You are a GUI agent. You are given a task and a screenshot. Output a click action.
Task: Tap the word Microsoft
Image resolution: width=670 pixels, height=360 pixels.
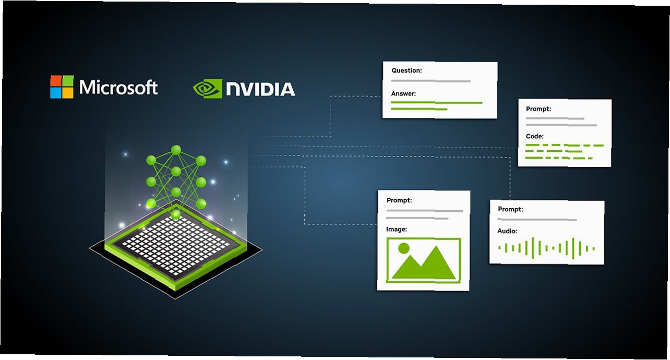(118, 87)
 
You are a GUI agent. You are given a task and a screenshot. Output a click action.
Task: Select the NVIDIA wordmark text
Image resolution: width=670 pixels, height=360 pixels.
(260, 89)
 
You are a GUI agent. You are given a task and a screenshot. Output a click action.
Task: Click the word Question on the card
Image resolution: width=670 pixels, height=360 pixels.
(406, 70)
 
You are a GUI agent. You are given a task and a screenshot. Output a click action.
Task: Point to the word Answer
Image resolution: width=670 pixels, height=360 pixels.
(403, 94)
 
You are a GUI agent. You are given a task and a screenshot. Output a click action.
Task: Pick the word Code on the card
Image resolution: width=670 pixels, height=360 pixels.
(535, 136)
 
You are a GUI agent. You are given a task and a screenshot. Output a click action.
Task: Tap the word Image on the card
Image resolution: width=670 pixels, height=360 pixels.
(397, 229)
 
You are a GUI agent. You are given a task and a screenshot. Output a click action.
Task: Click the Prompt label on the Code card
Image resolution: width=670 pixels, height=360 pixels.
(539, 109)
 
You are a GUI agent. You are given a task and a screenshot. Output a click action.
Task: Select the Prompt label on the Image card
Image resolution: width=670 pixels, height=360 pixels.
(399, 200)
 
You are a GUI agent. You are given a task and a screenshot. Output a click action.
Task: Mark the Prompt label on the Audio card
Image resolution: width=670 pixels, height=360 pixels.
(510, 209)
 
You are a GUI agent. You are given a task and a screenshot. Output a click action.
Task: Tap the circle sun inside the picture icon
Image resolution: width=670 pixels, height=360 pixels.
(403, 248)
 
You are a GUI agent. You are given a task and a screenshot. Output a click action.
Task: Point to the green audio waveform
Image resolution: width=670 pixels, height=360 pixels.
(546, 248)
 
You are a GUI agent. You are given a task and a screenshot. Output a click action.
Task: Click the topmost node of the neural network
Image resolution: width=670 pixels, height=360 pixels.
(176, 150)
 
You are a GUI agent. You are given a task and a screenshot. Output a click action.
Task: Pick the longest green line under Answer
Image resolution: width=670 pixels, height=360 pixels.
(437, 103)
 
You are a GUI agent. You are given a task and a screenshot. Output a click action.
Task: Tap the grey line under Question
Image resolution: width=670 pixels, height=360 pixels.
(430, 81)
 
